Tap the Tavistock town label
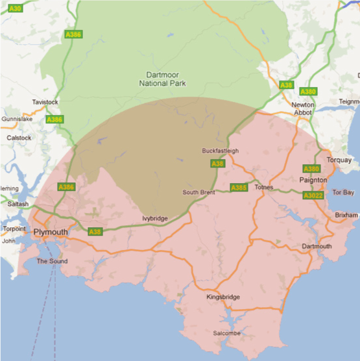45,103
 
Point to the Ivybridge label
155,219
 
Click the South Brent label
198,192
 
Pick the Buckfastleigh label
221,151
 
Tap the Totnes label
265,188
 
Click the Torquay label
339,160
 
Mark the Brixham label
346,214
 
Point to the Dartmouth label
317,246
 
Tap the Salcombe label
226,333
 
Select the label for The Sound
51,261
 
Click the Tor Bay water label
343,193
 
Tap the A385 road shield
239,188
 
